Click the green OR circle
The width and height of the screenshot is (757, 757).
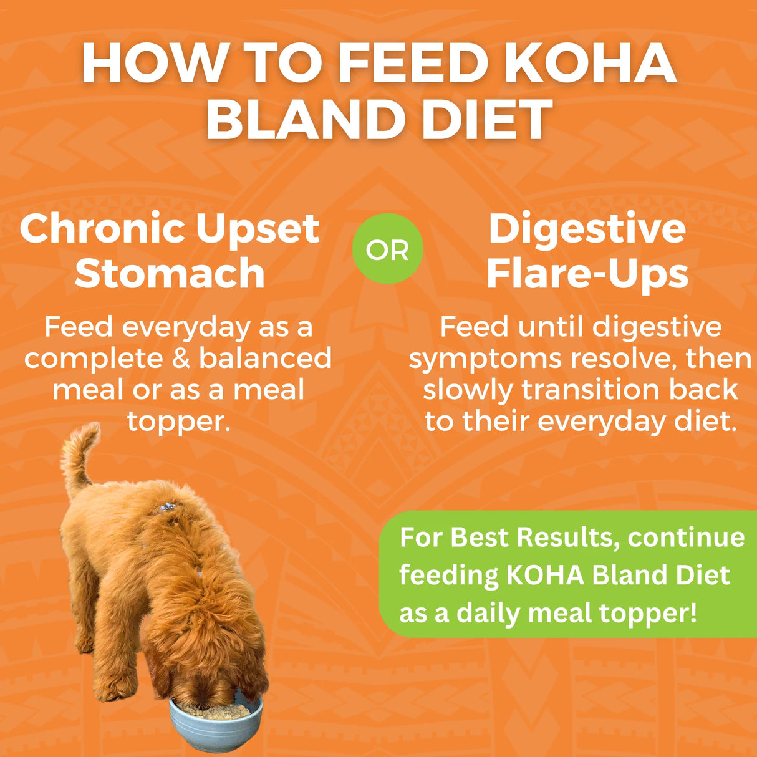click(387, 249)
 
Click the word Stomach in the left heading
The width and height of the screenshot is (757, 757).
click(170, 274)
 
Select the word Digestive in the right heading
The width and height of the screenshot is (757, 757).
click(587, 229)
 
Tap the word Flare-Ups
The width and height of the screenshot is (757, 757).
click(587, 274)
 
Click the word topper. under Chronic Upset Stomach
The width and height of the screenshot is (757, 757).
click(179, 422)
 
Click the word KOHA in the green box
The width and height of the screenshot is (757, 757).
click(545, 575)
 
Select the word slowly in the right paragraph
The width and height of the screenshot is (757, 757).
click(468, 390)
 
